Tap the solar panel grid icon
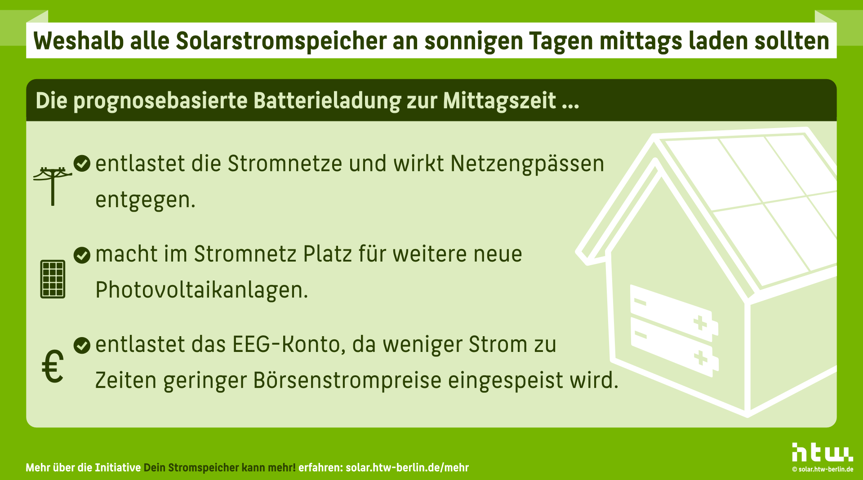point(53,279)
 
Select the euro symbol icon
point(53,366)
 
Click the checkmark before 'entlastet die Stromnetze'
point(82,164)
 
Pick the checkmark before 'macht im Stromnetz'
point(82,255)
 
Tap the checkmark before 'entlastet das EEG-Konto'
point(82,345)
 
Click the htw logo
point(822,452)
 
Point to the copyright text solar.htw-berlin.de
point(823,469)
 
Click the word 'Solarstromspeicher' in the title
point(281,41)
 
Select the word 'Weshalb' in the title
point(79,41)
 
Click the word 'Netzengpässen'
point(527,164)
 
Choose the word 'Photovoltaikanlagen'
point(201,290)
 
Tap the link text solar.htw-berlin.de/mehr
point(407,468)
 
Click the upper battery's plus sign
point(700,323)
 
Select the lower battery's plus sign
point(700,358)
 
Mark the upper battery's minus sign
point(640,302)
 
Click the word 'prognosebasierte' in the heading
point(160,101)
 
